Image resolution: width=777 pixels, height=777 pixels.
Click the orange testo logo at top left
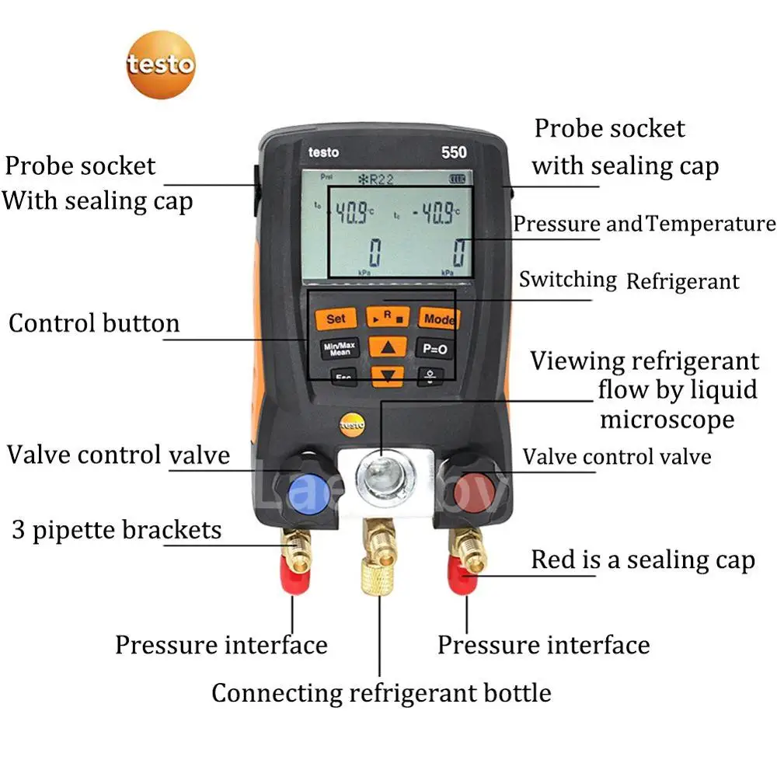tap(161, 64)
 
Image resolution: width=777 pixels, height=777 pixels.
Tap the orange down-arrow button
tap(387, 376)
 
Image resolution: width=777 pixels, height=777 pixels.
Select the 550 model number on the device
tap(454, 152)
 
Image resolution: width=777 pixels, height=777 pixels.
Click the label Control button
tap(94, 323)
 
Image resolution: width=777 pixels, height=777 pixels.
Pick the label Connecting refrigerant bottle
tap(381, 692)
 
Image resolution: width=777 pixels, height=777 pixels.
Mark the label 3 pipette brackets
tap(117, 530)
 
